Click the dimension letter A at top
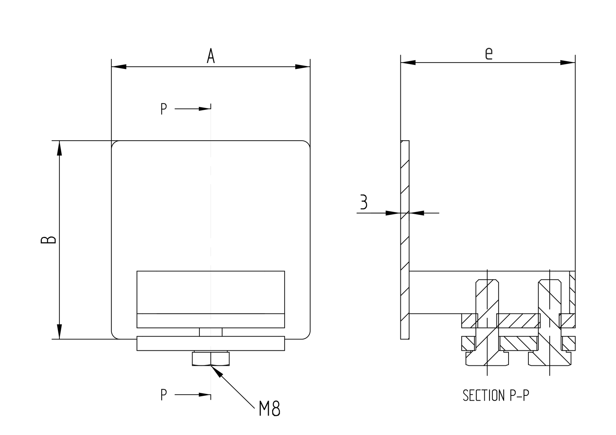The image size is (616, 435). click(210, 56)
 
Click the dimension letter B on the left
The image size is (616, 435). click(48, 240)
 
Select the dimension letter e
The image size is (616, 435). click(488, 53)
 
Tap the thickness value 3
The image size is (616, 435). click(363, 202)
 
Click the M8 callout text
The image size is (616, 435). click(269, 409)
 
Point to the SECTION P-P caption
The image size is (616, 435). click(496, 395)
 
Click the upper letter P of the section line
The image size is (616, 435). click(164, 109)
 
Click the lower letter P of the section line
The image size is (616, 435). click(164, 395)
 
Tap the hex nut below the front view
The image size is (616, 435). click(210, 359)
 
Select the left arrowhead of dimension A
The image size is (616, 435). click(119, 67)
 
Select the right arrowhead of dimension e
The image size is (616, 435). click(568, 63)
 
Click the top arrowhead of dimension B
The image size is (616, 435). click(59, 148)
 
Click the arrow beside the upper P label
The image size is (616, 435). click(203, 109)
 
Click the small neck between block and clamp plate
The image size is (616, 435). click(210, 332)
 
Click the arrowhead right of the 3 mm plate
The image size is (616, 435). click(417, 213)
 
